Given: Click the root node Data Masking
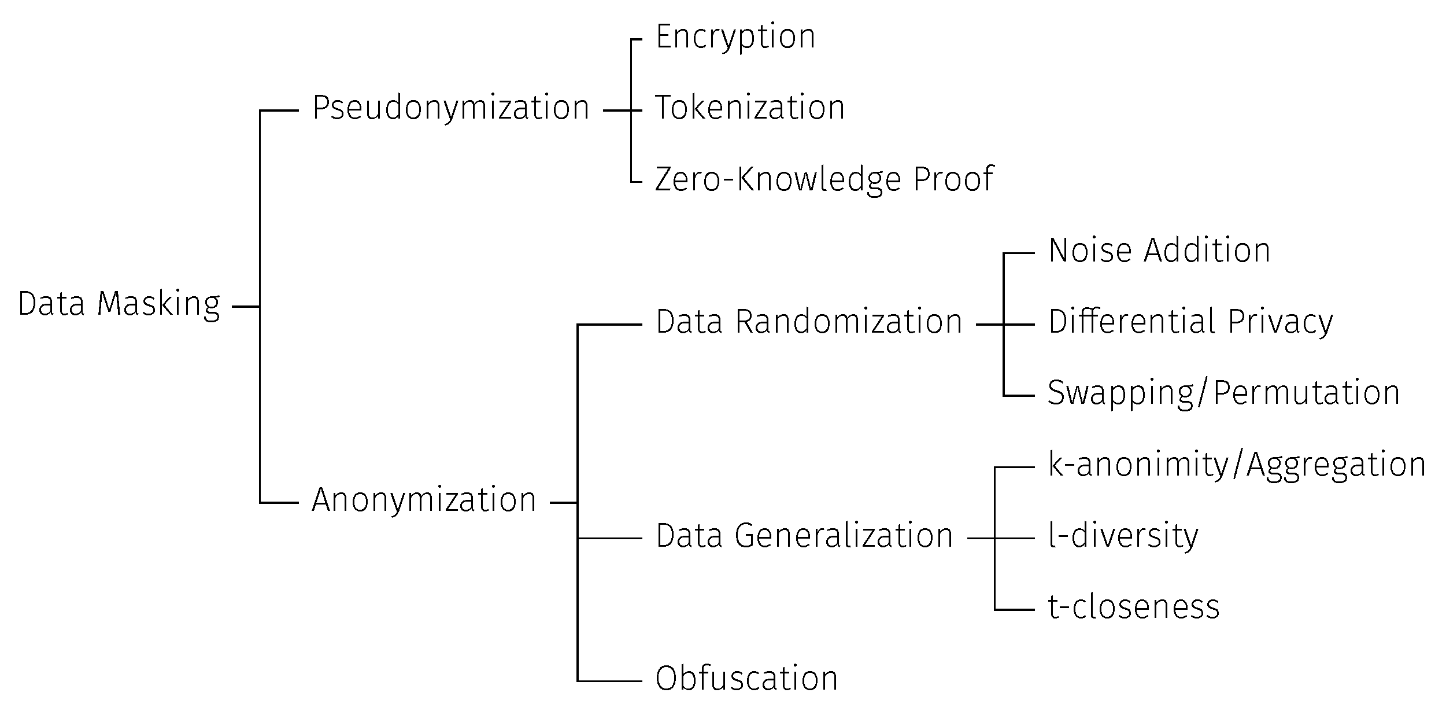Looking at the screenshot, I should coord(119,304).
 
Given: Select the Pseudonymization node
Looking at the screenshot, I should coord(450,108).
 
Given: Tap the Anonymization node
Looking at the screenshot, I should coord(424,500).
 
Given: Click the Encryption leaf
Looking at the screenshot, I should coord(735,37).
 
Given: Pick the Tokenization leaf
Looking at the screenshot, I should coord(749,108).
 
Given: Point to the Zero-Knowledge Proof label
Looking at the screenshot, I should coord(824,179).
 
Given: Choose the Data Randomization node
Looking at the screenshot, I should coord(809,322).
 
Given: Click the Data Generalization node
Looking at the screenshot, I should coord(804,536).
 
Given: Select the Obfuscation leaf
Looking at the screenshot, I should coord(746,679).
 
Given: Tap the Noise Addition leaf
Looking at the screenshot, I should coord(1159,251).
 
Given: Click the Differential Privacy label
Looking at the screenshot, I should coord(1190,322).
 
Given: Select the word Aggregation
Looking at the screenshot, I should coord(1336,465).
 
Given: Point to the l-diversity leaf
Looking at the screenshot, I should coord(1123,536).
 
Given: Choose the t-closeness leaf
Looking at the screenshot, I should coord(1134,607).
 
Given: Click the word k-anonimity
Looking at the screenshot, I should coord(1138,465).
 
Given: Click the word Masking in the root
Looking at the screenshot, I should coord(158,304).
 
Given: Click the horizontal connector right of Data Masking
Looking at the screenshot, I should coord(245,306).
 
